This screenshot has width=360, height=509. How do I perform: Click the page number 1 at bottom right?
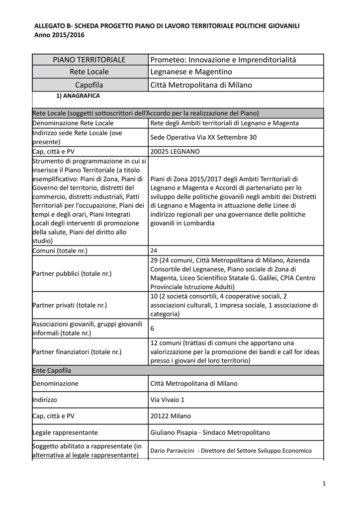[323, 484]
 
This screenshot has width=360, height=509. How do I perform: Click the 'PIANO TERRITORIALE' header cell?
[90, 60]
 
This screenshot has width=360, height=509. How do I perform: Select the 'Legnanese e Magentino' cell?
[191, 73]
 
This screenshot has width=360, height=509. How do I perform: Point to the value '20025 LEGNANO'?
[175, 151]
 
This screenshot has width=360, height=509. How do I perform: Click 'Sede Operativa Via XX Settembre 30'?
[203, 137]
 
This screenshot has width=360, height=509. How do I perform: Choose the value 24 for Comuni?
[154, 251]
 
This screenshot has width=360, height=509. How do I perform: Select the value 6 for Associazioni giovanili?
[153, 329]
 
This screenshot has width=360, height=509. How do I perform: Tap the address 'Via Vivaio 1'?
[167, 400]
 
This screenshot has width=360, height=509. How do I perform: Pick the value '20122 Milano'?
[170, 416]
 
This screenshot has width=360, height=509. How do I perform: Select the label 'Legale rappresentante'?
[65, 432]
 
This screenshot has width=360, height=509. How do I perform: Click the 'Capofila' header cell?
[90, 85]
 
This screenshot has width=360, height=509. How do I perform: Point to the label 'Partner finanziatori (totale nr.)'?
[77, 352]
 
